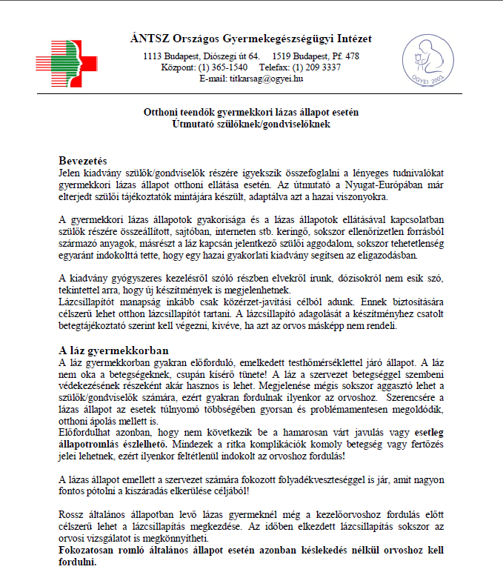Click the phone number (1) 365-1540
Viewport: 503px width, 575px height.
coord(226,67)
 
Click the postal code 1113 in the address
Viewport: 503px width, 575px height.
coord(153,56)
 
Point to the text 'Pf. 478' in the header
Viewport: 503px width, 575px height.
coord(342,56)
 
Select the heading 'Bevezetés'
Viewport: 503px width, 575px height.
coord(83,160)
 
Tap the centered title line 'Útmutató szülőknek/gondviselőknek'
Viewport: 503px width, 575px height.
coord(250,124)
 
